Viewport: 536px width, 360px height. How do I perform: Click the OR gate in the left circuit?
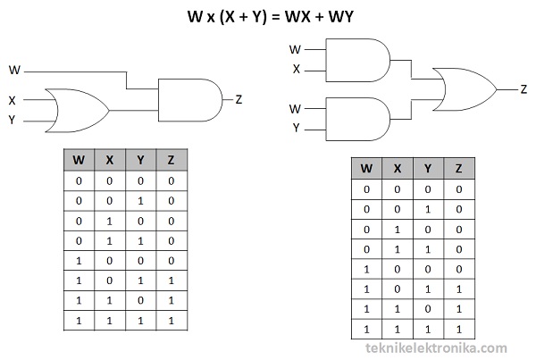pyautogui.click(x=77, y=111)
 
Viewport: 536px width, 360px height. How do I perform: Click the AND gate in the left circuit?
pyautogui.click(x=190, y=100)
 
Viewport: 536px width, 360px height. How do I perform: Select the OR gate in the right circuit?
pyautogui.click(x=465, y=89)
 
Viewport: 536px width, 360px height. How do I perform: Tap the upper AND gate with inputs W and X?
pyautogui.click(x=358, y=60)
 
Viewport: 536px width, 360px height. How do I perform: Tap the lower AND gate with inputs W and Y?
pyautogui.click(x=358, y=119)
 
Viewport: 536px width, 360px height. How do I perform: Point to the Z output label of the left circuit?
pyautogui.click(x=239, y=99)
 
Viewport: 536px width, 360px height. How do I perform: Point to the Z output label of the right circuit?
pyautogui.click(x=523, y=89)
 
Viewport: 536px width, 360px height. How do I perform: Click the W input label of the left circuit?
pyautogui.click(x=14, y=70)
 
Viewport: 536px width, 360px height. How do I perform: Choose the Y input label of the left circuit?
pyautogui.click(x=12, y=120)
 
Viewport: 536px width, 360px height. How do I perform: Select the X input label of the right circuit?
pyautogui.click(x=297, y=70)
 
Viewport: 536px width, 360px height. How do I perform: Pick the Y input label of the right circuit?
pyautogui.click(x=296, y=129)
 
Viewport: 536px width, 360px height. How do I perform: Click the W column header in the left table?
pyautogui.click(x=79, y=160)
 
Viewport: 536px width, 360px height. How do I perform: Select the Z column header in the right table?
pyautogui.click(x=459, y=168)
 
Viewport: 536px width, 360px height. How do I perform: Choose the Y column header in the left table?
pyautogui.click(x=140, y=160)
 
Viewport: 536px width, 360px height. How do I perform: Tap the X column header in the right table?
pyautogui.click(x=398, y=168)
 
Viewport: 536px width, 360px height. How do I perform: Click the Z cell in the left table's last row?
pyautogui.click(x=172, y=321)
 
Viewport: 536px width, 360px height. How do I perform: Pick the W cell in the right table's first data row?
pyautogui.click(x=367, y=189)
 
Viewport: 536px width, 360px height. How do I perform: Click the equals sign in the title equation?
pyautogui.click(x=275, y=17)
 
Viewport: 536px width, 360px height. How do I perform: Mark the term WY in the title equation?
pyautogui.click(x=341, y=16)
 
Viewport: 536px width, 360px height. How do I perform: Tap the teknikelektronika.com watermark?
pyautogui.click(x=437, y=348)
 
